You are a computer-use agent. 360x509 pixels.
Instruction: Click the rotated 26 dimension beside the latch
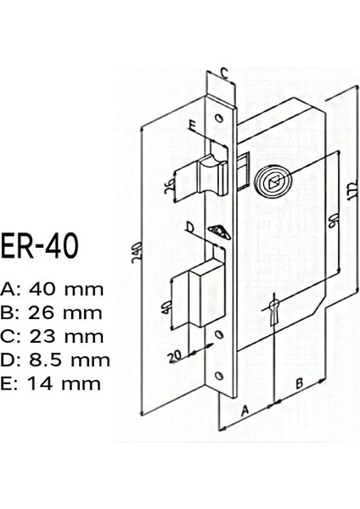170,185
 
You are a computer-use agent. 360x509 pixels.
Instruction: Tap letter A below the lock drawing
245,409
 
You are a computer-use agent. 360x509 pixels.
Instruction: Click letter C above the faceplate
225,71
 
